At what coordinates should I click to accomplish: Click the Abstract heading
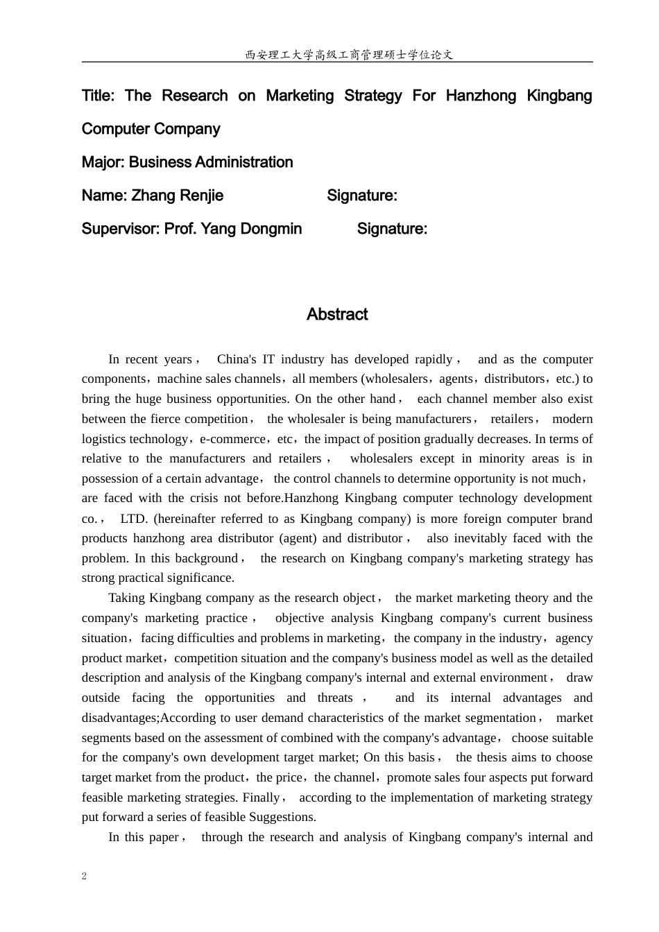click(337, 315)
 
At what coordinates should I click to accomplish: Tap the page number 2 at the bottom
click(85, 876)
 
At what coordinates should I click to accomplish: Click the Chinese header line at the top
click(349, 55)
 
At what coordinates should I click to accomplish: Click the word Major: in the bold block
click(103, 162)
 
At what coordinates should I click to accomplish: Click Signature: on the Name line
click(362, 196)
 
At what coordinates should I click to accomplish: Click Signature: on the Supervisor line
click(392, 229)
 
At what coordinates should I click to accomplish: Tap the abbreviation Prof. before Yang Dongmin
click(180, 229)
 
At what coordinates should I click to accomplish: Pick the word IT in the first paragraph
click(268, 359)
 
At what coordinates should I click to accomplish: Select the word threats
click(335, 698)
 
